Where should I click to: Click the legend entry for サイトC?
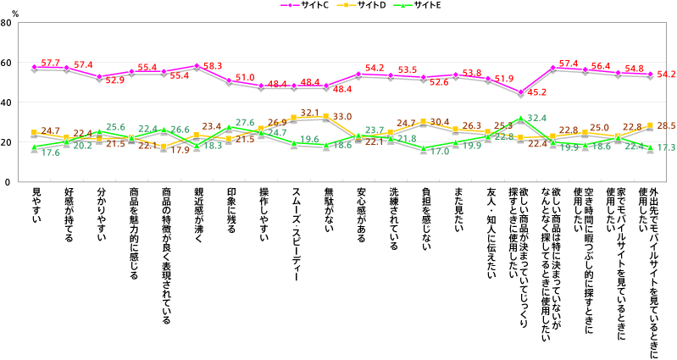pos(319,7)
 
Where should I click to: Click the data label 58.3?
pos(213,65)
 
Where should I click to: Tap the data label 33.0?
pos(342,116)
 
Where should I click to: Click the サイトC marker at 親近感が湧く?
pos(197,65)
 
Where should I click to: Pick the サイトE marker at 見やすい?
pos(35,147)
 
